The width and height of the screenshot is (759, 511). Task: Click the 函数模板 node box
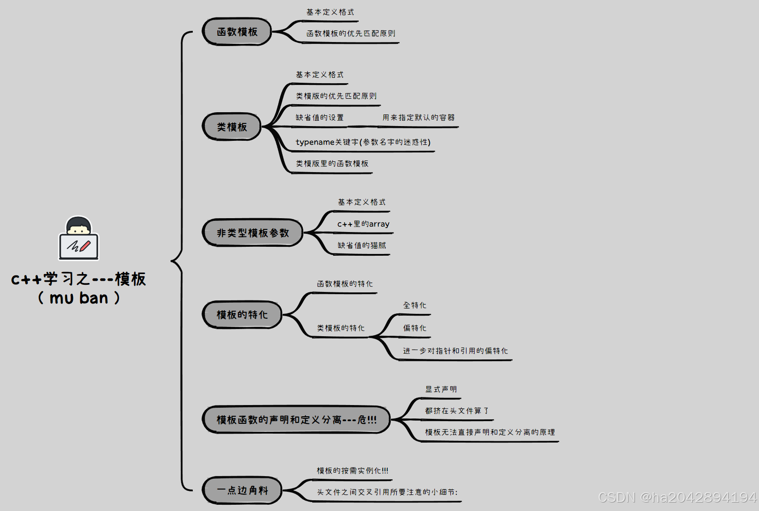(237, 32)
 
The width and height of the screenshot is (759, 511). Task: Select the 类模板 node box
(232, 127)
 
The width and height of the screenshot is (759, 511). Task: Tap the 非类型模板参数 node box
(253, 233)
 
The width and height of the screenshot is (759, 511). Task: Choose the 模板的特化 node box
(242, 315)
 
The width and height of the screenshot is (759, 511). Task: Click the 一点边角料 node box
(242, 490)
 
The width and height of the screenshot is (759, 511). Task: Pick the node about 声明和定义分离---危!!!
(296, 420)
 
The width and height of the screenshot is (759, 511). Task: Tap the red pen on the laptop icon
(85, 245)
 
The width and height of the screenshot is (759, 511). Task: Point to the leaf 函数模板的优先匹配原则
(351, 34)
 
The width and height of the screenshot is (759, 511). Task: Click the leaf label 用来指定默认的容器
(418, 118)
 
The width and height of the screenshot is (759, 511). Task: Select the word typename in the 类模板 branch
(315, 142)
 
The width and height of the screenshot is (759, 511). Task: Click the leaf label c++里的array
(363, 224)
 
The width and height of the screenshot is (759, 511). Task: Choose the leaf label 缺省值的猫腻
(361, 245)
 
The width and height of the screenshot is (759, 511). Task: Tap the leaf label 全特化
(415, 305)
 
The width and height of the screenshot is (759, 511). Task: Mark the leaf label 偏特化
(415, 328)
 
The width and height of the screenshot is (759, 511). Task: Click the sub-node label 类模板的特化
(341, 328)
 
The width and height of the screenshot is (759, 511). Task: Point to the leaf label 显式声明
(441, 389)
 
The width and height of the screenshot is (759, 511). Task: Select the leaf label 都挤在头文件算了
(457, 411)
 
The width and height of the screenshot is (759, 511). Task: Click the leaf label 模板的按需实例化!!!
(352, 471)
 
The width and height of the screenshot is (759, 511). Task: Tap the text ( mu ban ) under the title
(79, 298)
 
